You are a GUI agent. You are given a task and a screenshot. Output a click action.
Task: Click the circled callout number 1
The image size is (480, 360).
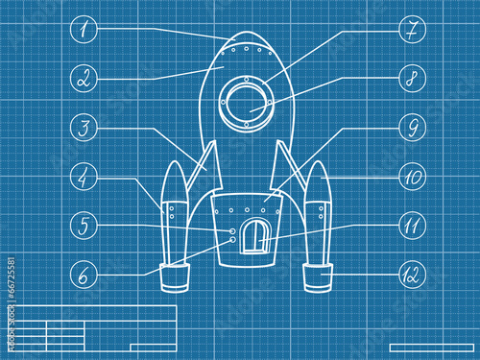click(x=84, y=30)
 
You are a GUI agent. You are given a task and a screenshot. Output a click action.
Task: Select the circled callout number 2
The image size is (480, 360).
click(x=84, y=79)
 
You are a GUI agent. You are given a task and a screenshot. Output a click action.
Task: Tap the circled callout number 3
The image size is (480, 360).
click(x=84, y=128)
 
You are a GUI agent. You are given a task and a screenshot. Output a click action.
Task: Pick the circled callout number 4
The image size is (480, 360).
click(x=84, y=177)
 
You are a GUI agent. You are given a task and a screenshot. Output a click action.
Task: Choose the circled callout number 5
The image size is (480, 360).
click(x=84, y=226)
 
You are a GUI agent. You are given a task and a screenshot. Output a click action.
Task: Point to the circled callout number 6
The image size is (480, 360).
click(x=84, y=275)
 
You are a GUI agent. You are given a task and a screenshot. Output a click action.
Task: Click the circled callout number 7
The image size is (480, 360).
click(x=413, y=30)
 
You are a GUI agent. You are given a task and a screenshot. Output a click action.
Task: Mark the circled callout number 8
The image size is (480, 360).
click(x=413, y=79)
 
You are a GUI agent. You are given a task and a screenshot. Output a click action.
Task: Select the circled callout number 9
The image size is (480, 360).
click(x=413, y=128)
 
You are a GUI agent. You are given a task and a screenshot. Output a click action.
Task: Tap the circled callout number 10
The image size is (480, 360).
click(x=413, y=177)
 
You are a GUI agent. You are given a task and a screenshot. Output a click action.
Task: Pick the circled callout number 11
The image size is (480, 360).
click(x=413, y=226)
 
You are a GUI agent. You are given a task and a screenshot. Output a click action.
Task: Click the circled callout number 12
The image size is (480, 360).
click(x=413, y=275)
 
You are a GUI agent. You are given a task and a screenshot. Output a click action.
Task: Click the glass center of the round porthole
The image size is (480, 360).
click(x=247, y=103)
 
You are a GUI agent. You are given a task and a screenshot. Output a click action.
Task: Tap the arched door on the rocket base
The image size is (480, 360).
click(x=255, y=236)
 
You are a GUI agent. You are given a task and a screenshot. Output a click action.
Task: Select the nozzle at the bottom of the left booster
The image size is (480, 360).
click(x=175, y=277)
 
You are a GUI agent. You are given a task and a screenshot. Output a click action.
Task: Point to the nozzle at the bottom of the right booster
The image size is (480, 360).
click(x=318, y=277)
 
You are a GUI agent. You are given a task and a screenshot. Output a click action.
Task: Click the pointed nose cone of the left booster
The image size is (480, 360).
click(x=175, y=181)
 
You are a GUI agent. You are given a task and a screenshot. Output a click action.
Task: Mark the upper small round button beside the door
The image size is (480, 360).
click(x=232, y=231)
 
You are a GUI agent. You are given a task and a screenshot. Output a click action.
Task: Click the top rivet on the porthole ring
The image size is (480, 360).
click(x=246, y=79)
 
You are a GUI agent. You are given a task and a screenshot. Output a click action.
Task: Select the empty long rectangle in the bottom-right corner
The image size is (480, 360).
click(x=432, y=348)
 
